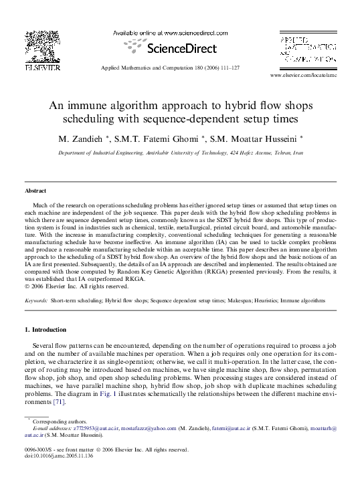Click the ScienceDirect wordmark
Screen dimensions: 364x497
click(x=181, y=49)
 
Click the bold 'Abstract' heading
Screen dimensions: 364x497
click(x=35, y=191)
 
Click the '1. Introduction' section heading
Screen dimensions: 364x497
click(x=45, y=330)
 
